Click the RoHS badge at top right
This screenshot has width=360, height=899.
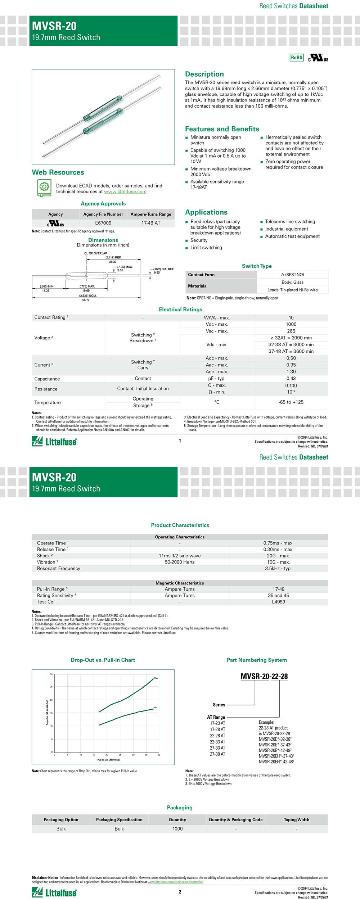coord(297,58)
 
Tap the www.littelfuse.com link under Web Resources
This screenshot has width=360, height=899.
coord(125,192)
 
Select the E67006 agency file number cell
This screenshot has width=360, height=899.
coord(103,223)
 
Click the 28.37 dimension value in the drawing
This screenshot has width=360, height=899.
coord(113,262)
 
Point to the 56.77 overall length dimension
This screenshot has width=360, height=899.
coord(86,300)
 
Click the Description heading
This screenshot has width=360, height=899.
coord(204,74)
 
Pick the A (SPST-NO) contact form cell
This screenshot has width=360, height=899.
coord(292,275)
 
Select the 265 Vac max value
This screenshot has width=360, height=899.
coord(291,331)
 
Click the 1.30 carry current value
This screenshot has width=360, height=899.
coord(291,372)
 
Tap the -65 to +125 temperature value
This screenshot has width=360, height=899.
coord(291,402)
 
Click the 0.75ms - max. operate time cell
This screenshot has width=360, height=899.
coord(278,543)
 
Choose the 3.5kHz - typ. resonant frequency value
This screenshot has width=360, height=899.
coord(278,569)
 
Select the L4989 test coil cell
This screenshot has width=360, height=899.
coord(278,602)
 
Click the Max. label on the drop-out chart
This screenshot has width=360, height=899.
coord(156,678)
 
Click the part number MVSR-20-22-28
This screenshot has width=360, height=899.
coord(264,676)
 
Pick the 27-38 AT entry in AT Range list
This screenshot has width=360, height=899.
coord(217,754)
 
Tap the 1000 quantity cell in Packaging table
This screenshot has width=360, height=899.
coord(177,829)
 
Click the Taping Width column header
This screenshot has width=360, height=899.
coord(296,820)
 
